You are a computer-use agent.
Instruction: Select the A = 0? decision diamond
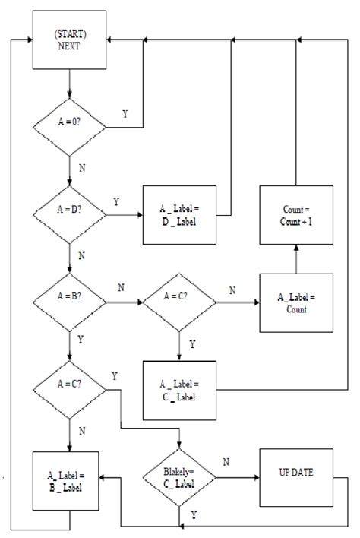tap(69, 128)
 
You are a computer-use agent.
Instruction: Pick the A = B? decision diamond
tap(69, 302)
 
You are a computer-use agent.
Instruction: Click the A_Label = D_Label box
tap(179, 215)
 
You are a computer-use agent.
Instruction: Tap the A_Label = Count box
tap(295, 302)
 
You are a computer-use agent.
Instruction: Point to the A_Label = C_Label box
tap(179, 389)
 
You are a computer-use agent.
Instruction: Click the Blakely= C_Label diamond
tap(179, 479)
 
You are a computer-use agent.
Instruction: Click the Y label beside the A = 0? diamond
tap(125, 114)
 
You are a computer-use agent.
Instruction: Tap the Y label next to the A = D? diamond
tap(115, 201)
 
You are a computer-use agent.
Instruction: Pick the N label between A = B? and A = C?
tap(122, 289)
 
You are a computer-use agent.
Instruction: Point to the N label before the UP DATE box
tap(226, 461)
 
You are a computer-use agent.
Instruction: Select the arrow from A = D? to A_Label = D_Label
tap(125, 215)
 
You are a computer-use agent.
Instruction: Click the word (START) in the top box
tap(69, 34)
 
